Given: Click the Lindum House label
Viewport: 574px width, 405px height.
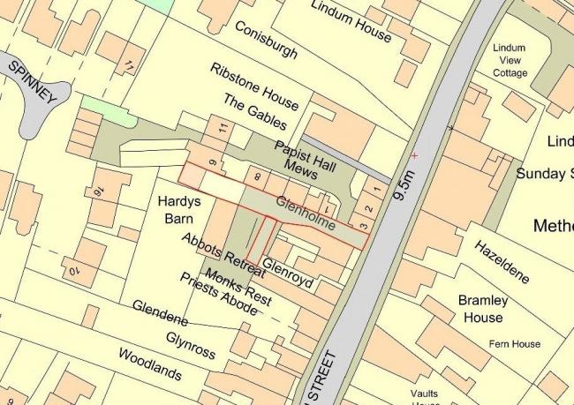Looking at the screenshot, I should click(351, 21).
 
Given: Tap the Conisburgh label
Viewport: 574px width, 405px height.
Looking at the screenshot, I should click(266, 41).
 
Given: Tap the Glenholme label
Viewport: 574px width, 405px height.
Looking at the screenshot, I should click(306, 214).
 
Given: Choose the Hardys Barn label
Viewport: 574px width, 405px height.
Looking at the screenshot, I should click(180, 209).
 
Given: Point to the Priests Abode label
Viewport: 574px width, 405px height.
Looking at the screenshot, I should click(218, 295).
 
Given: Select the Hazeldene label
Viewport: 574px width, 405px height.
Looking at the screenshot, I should click(502, 261).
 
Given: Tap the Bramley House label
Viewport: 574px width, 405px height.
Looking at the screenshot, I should click(481, 309).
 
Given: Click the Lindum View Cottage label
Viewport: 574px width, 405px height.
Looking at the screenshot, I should click(510, 60).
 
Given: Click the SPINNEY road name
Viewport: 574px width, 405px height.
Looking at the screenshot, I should click(33, 84).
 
